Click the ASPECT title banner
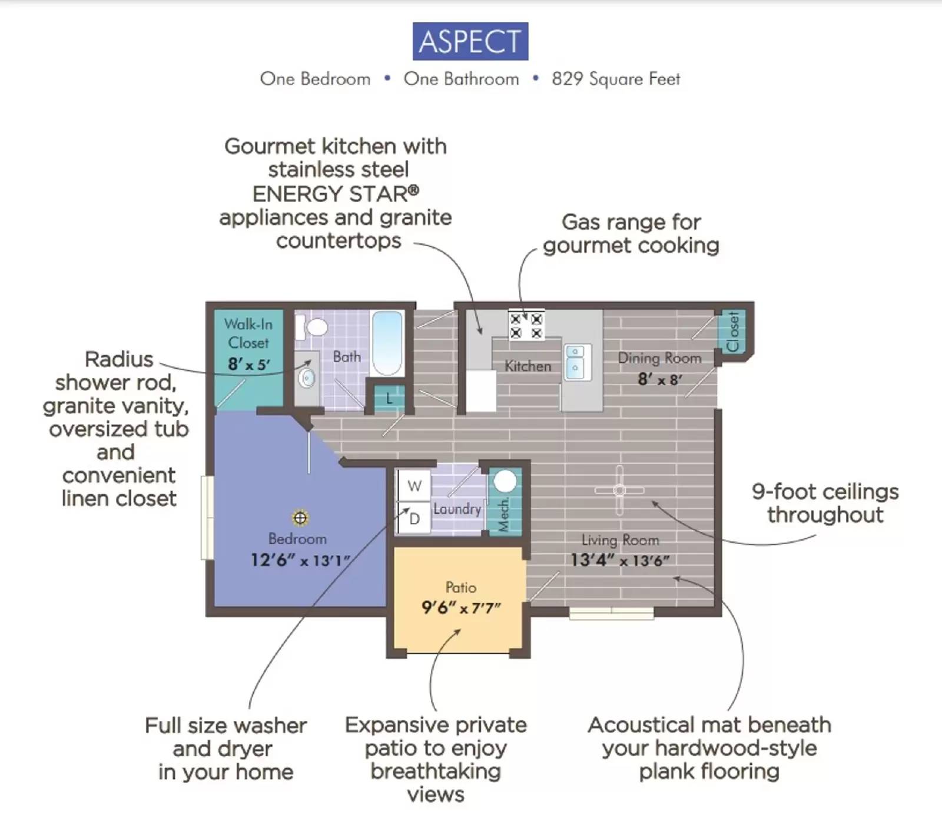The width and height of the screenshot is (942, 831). coord(470,41)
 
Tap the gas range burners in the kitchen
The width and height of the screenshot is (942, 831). coord(526,326)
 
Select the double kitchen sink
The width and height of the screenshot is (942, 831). coord(575,362)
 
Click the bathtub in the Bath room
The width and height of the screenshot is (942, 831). coord(387,343)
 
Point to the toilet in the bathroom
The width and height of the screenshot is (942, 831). coord(313,327)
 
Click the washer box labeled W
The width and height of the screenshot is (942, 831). coord(414,486)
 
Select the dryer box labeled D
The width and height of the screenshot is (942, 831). coord(414,518)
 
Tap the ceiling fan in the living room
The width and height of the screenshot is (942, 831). coord(619,490)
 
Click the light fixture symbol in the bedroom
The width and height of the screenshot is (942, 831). coord(300,518)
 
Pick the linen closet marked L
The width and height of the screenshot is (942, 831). coord(389,399)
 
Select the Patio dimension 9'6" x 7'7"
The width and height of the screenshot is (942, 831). coord(460,608)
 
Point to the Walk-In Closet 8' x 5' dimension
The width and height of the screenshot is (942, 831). coord(248,365)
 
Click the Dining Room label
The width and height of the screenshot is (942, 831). coord(659,357)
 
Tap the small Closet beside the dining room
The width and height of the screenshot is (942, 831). coord(733,332)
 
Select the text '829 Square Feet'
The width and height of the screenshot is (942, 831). coord(615,79)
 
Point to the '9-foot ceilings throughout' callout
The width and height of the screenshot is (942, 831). coord(825,502)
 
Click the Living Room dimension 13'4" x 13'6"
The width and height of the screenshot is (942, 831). coord(619,560)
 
